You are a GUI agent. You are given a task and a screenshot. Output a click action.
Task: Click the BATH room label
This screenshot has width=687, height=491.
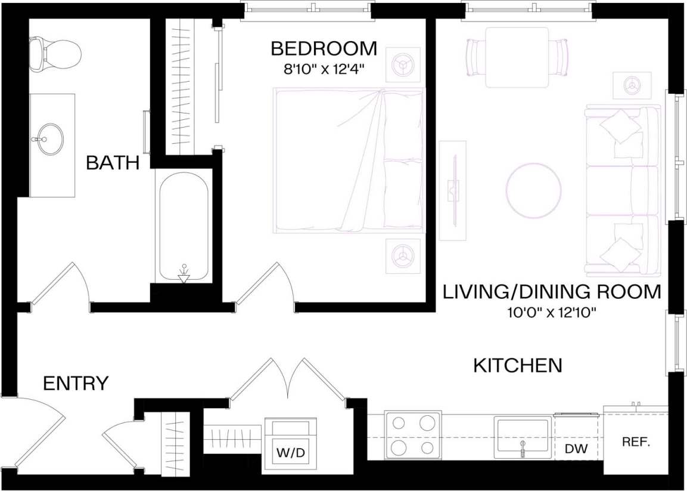[113, 162]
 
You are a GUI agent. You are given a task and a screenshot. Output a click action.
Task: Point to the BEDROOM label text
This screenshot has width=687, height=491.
[324, 48]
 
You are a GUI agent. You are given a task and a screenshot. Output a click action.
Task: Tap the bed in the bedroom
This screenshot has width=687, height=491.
[349, 160]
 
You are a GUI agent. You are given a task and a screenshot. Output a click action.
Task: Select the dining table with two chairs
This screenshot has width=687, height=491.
[517, 57]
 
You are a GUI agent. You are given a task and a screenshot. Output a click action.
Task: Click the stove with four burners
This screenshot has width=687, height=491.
[413, 435]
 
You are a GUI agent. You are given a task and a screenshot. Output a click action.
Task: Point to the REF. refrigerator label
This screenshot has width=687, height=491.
[636, 443]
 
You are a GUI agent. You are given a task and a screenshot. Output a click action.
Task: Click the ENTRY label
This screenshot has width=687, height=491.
[76, 383]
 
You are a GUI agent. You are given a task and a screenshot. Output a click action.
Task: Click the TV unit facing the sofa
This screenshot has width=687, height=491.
[453, 190]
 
